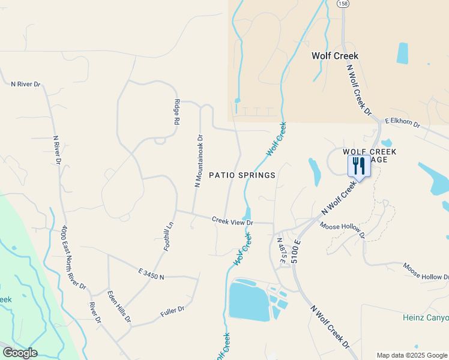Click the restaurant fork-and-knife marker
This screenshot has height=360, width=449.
click(359, 165)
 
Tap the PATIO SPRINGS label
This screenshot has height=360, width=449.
click(242, 175)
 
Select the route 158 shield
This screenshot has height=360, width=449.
click(342, 4)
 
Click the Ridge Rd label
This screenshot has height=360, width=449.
click(177, 112)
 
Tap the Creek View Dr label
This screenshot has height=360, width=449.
click(232, 221)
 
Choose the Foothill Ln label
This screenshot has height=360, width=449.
click(168, 236)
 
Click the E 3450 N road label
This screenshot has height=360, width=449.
click(151, 274)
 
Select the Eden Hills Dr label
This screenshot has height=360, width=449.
click(119, 307)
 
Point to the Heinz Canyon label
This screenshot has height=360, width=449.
click(426, 317)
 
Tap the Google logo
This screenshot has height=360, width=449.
click(19, 353)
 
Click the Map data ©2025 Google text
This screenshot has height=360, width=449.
click(412, 355)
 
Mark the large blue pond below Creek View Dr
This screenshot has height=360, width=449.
click(249, 302)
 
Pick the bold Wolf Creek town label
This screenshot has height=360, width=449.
click(334, 56)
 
